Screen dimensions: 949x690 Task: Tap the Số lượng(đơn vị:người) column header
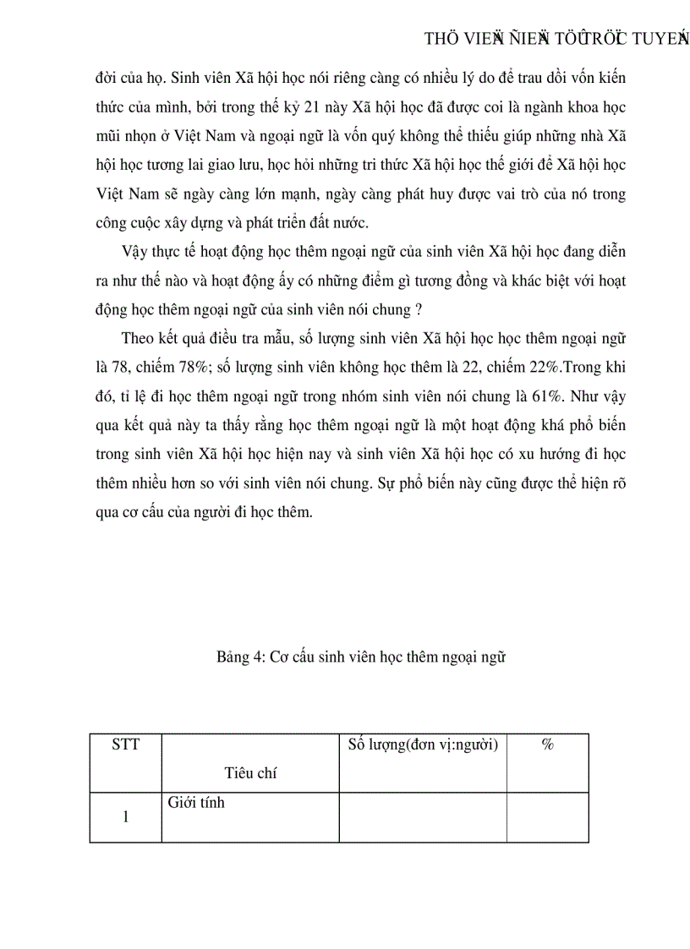pyautogui.click(x=422, y=744)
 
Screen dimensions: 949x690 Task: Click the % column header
pyautogui.click(x=547, y=744)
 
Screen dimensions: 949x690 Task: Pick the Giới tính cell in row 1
pyautogui.click(x=196, y=803)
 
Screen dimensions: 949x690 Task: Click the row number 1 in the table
pyautogui.click(x=125, y=817)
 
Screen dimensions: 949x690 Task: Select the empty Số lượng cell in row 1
pyautogui.click(x=422, y=817)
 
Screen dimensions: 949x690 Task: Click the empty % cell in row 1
pyautogui.click(x=547, y=817)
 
